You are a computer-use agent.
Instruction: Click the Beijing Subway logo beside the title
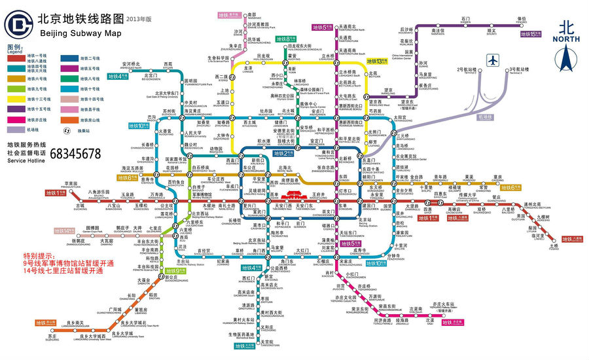pyautogui.click(x=18, y=25)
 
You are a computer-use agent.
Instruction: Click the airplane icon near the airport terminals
pyautogui.click(x=493, y=60)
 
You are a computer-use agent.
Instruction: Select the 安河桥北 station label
pyautogui.click(x=132, y=65)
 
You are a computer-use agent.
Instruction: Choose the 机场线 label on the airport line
pyautogui.click(x=486, y=117)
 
